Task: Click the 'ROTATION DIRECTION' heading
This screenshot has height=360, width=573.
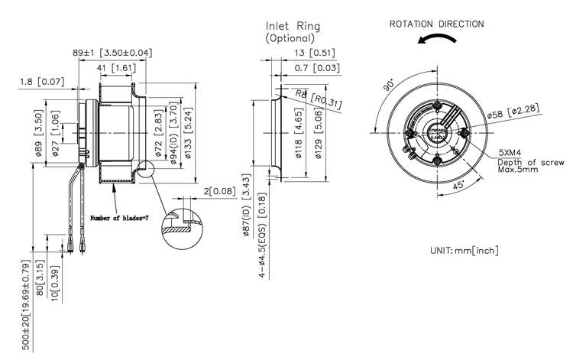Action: [x=437, y=24]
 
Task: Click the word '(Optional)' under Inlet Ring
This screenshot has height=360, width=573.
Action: [x=290, y=37]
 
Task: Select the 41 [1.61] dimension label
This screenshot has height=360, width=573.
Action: [x=116, y=68]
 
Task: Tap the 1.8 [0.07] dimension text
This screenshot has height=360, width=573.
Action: [x=40, y=80]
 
